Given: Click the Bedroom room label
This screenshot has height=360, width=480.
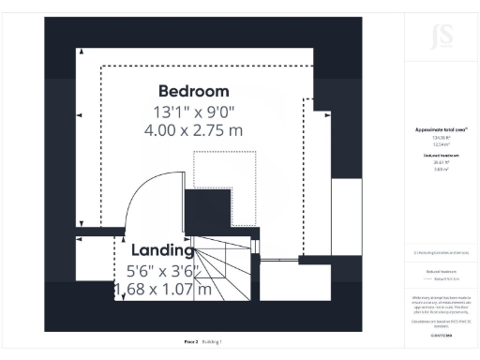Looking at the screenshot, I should (193, 91).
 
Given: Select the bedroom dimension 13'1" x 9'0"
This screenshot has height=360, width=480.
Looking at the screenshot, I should (193, 112).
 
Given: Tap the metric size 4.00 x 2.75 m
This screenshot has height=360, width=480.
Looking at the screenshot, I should (193, 130).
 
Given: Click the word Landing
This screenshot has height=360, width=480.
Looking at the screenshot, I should (162, 250).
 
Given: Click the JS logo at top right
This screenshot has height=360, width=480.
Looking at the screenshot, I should (441, 37).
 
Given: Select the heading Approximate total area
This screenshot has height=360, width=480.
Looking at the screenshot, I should (441, 129).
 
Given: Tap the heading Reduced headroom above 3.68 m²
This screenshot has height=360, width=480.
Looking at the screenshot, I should (441, 156).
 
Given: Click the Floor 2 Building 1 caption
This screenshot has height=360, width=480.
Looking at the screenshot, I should (202, 341).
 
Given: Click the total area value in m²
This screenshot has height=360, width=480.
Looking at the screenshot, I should (441, 144).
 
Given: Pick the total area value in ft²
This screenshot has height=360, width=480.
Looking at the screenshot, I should (441, 137).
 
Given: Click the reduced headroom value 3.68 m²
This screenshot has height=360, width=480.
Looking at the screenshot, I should (441, 169).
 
